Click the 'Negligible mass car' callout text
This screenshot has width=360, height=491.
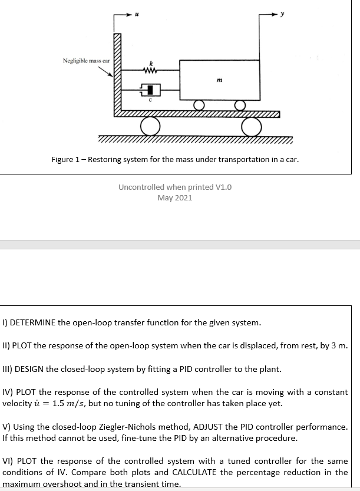click(87, 61)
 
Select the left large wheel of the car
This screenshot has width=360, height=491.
click(150, 126)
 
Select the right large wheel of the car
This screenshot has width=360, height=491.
click(251, 126)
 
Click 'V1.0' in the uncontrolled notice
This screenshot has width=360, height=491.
click(223, 187)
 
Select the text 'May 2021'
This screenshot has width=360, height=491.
click(175, 197)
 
